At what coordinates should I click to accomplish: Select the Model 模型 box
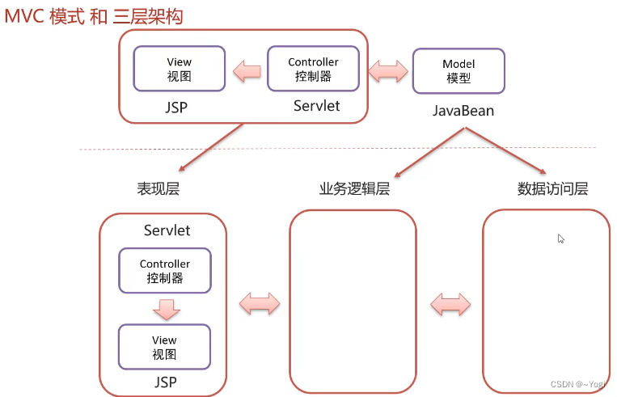(x=459, y=71)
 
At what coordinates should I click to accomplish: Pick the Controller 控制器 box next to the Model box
(x=313, y=69)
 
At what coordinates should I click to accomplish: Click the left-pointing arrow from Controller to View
(x=247, y=72)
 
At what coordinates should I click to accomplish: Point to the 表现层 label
(x=158, y=189)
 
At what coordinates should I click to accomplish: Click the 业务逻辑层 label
(x=354, y=189)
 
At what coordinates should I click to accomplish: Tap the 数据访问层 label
(x=552, y=189)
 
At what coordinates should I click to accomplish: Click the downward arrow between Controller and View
(x=166, y=308)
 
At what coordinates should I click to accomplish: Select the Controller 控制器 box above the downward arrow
(x=165, y=270)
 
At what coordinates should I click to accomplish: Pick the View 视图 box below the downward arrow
(x=164, y=347)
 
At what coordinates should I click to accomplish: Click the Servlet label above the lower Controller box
(x=167, y=230)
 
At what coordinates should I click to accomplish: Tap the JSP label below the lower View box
(x=165, y=382)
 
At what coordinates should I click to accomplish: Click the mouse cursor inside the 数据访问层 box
(x=560, y=239)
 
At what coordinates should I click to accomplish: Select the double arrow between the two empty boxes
(x=450, y=304)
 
